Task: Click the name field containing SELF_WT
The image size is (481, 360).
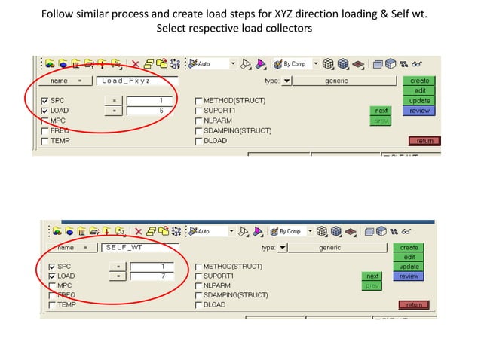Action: pos(141,247)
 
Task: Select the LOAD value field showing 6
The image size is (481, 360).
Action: pos(151,111)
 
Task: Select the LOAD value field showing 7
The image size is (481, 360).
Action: pos(152,276)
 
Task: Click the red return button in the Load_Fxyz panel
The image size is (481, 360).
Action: pos(423,141)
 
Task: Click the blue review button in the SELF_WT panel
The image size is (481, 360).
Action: pos(409,276)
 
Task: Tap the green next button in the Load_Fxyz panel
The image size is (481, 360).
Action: pos(381,111)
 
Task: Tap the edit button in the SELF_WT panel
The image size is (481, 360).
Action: pos(409,257)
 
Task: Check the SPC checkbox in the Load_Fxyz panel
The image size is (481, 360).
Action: pos(45,101)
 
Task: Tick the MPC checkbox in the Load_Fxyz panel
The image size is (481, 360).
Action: pos(45,121)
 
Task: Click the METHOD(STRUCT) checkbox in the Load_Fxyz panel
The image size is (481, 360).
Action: pos(199,101)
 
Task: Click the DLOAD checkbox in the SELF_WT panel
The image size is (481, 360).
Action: pos(198,305)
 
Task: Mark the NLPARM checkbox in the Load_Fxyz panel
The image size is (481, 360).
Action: pos(199,121)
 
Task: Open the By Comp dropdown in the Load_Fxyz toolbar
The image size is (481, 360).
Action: pos(315,64)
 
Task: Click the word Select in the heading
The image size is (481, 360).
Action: pos(173,29)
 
